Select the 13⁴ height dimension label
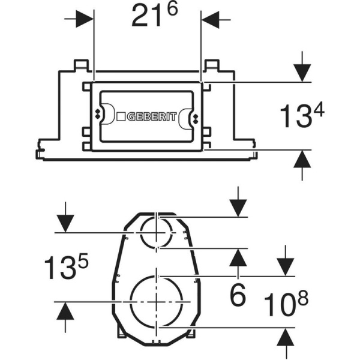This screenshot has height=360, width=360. (x=302, y=115)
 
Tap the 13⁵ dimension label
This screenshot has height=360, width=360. (x=66, y=266)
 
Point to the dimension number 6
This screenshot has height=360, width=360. (x=238, y=295)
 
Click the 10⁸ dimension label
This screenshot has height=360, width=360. (x=286, y=304)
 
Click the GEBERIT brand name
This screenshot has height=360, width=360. (x=152, y=116)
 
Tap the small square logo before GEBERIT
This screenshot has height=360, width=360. (x=121, y=116)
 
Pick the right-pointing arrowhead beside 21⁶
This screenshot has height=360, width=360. (x=85, y=19)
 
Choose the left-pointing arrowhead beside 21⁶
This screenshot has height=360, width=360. (x=210, y=20)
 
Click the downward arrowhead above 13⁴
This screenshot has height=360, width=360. (x=302, y=73)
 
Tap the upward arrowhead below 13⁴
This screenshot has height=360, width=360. (x=302, y=159)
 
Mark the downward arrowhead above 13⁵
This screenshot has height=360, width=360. (x=65, y=224)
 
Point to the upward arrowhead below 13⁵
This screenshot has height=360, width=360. (x=65, y=311)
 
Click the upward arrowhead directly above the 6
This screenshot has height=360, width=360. (x=238, y=257)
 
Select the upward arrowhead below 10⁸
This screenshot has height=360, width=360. (x=286, y=337)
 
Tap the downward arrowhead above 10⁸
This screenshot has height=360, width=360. (x=286, y=267)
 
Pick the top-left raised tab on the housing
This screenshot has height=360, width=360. (x=81, y=65)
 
